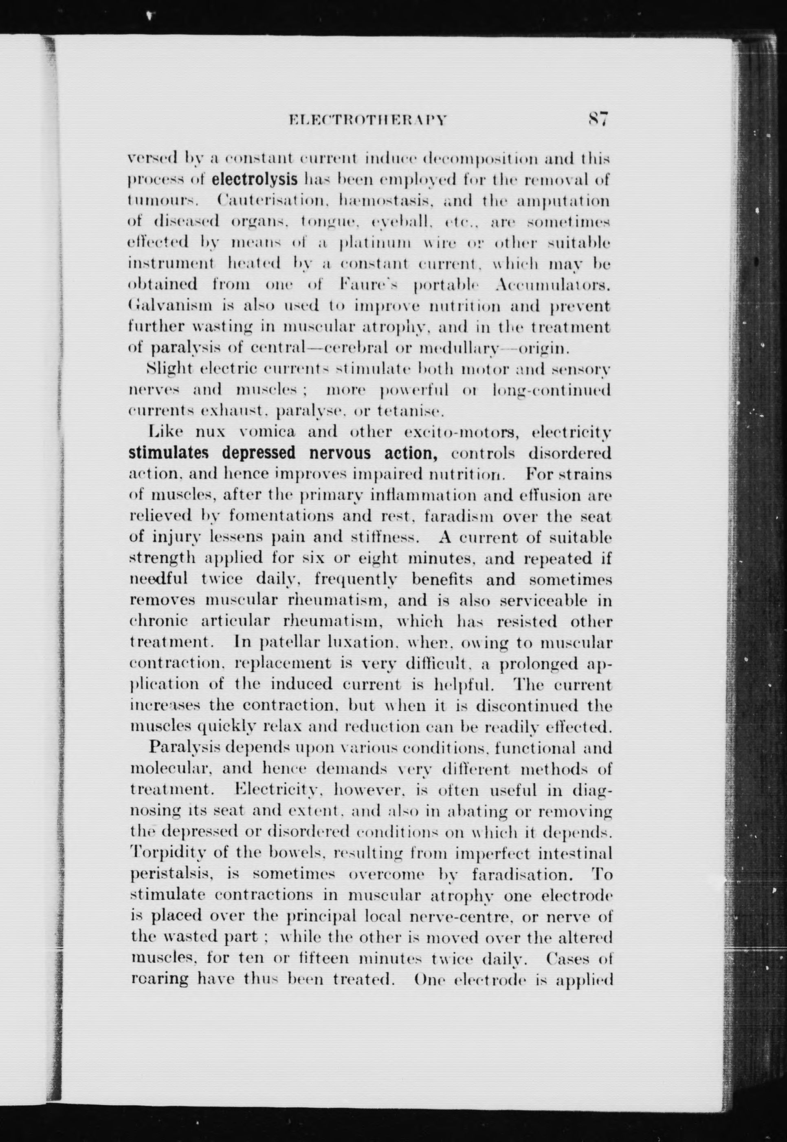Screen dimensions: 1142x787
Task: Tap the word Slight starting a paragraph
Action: (168, 369)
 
